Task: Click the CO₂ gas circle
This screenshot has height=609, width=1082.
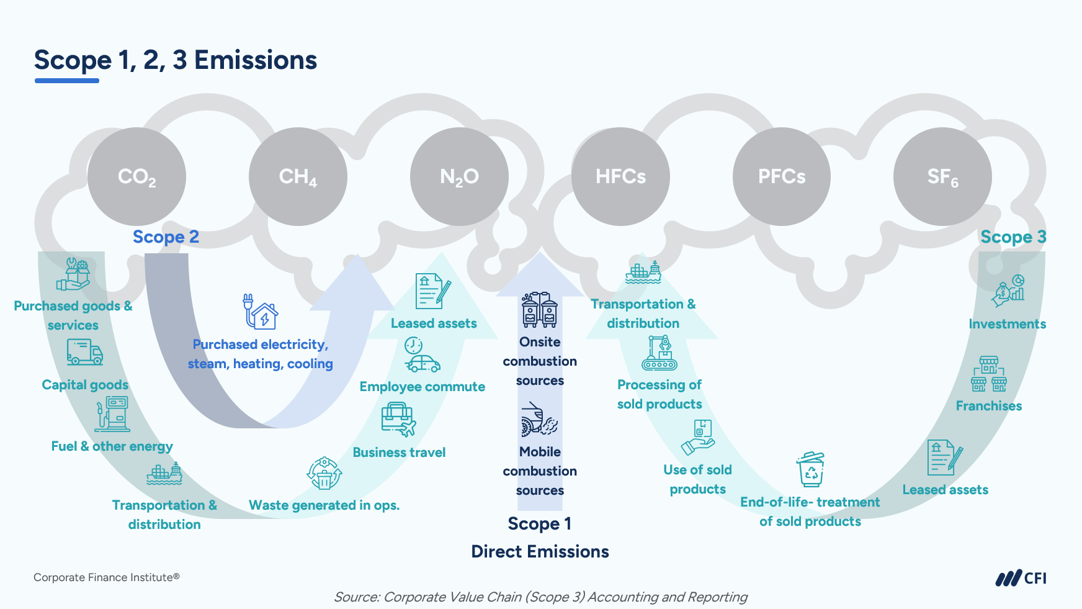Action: click(x=136, y=177)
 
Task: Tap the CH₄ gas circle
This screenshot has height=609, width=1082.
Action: click(x=298, y=177)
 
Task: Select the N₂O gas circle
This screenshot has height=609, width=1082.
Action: click(x=459, y=177)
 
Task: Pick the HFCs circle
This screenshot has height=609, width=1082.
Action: click(x=620, y=177)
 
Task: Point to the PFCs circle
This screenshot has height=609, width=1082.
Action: click(x=782, y=177)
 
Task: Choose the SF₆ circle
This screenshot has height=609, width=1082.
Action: click(x=942, y=177)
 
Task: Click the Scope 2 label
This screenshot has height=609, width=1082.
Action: click(x=166, y=237)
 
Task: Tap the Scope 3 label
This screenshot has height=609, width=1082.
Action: click(x=1013, y=237)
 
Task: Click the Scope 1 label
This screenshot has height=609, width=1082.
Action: click(x=540, y=524)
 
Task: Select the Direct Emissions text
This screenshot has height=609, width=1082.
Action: click(x=540, y=551)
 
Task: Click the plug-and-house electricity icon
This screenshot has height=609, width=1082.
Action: click(x=260, y=312)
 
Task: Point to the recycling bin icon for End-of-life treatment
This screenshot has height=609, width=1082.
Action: click(x=811, y=470)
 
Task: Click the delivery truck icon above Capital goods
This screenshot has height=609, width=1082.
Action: click(x=85, y=352)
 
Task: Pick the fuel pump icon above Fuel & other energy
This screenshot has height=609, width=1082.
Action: click(x=112, y=415)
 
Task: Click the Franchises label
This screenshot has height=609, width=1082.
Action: click(x=988, y=406)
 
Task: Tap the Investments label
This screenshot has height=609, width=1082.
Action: click(x=1007, y=324)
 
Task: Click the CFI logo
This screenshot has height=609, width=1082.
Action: click(x=1021, y=578)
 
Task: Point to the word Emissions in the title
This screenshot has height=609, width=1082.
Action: click(x=256, y=61)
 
